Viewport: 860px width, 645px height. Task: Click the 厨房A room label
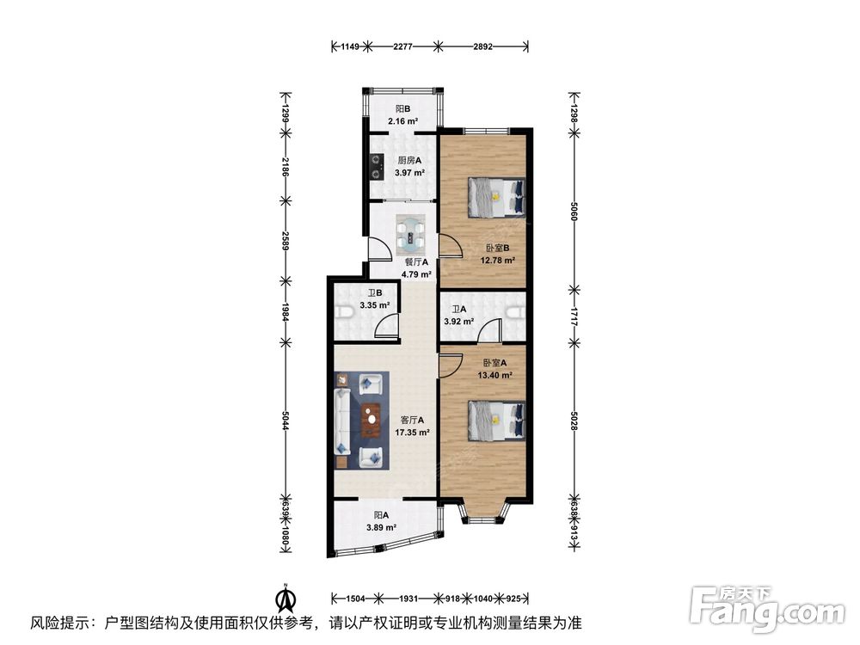click(409, 160)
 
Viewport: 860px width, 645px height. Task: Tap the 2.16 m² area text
click(402, 121)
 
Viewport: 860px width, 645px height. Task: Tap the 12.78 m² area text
click(498, 261)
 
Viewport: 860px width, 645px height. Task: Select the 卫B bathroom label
click(374, 292)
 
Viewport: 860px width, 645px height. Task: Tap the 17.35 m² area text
click(412, 433)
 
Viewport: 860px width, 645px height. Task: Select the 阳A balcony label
click(381, 515)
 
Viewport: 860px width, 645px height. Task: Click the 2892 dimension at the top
click(482, 46)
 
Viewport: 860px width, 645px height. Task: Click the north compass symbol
click(286, 596)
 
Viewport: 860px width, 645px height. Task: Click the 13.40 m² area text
click(496, 375)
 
